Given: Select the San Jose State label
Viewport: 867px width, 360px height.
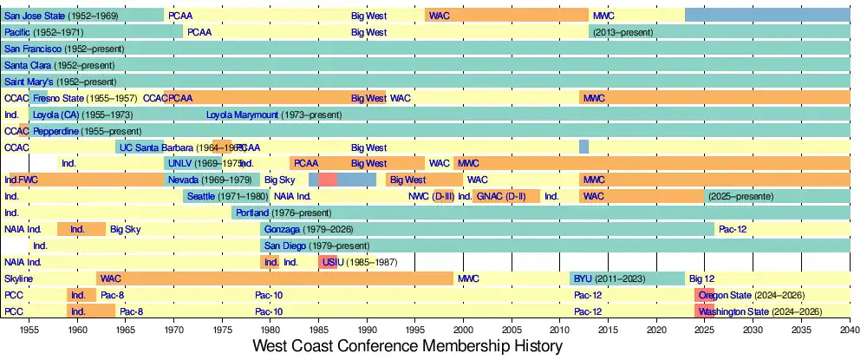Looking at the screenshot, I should point(37,16).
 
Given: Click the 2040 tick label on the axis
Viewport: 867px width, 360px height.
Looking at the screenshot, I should point(850,331).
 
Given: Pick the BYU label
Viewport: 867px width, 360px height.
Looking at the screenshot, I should point(582,278).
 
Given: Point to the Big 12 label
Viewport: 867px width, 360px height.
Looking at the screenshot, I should point(701,278).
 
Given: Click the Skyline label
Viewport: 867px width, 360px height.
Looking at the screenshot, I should point(18,278).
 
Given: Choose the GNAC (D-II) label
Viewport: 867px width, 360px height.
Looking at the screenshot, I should point(500,196).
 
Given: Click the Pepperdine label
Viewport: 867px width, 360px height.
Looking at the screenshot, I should point(56,131).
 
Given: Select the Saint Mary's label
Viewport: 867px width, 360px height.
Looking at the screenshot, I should point(29,82).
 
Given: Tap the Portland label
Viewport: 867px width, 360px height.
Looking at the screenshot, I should point(251,213).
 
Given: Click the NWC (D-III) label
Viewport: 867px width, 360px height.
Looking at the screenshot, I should point(431,196).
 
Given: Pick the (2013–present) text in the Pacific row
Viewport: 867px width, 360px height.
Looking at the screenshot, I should point(629,32).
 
